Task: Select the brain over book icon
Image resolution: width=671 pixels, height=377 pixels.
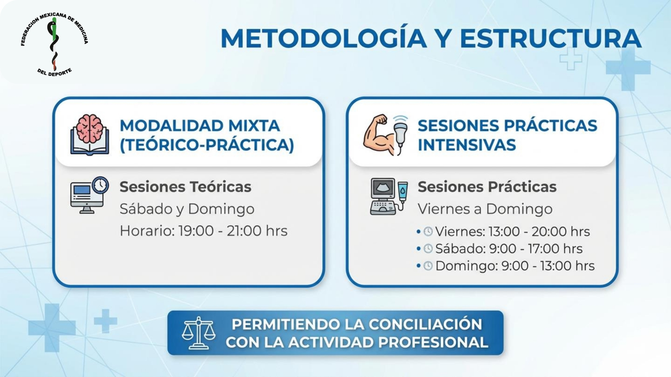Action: [90, 135]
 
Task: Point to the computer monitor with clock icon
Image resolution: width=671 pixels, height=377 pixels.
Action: [89, 195]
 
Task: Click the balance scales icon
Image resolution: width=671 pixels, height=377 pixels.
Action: [199, 333]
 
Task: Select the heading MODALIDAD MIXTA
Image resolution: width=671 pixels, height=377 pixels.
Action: [200, 126]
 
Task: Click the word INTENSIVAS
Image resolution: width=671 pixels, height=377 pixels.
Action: [467, 145]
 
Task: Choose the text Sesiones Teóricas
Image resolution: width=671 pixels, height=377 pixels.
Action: [185, 187]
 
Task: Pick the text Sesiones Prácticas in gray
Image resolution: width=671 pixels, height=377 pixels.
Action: [487, 187]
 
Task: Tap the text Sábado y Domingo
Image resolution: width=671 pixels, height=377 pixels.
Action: [187, 209]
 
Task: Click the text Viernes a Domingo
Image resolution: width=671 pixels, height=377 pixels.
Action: [485, 209]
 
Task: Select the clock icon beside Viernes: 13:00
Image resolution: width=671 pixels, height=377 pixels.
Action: [428, 231]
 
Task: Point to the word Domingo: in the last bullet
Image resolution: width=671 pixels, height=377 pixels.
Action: [467, 266]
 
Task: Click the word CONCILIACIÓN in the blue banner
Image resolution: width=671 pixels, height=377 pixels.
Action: [425, 324]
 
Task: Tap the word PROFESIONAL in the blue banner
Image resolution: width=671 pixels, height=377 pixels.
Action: [433, 342]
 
